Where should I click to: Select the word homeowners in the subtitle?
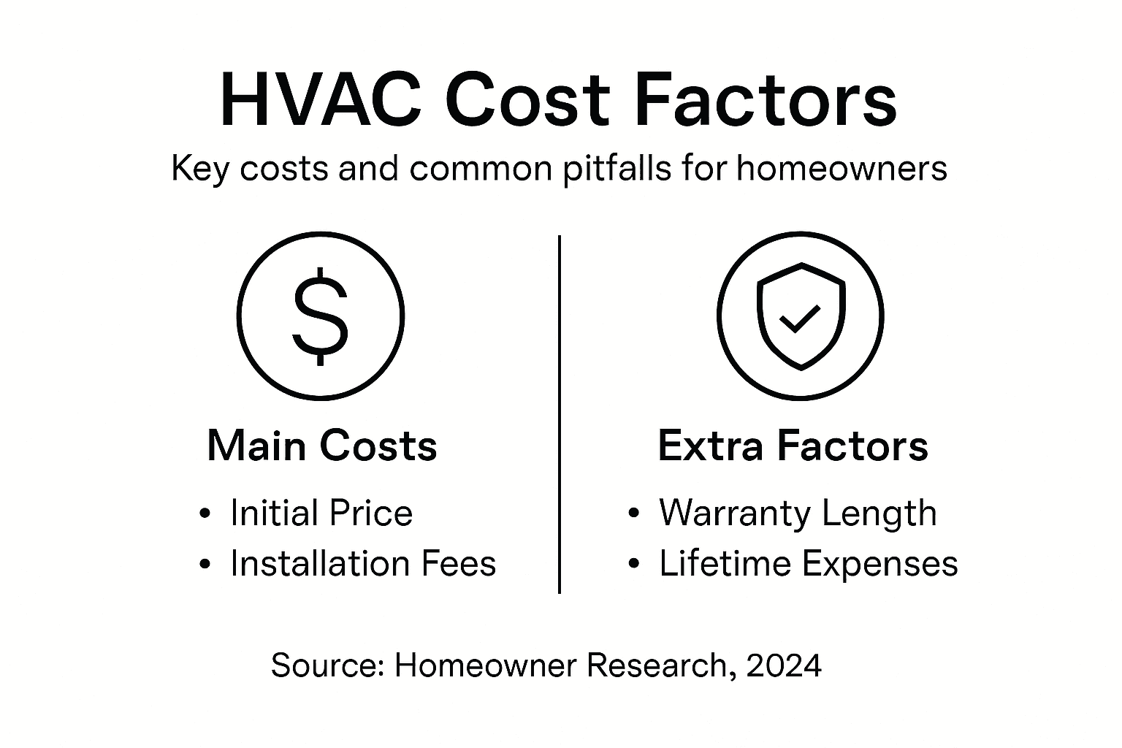point(841,169)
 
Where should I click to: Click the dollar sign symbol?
point(320,316)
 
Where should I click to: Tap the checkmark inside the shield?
point(800,318)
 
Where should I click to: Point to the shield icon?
point(801,316)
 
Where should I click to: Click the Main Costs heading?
point(322,446)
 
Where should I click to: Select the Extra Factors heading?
point(793,446)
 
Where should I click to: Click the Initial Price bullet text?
point(321,513)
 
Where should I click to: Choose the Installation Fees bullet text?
point(363,564)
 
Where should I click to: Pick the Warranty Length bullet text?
point(798,513)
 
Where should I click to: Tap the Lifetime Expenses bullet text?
point(808,564)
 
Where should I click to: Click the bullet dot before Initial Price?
point(205,514)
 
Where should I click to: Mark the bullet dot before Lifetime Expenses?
point(634,565)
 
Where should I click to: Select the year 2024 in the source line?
point(785,665)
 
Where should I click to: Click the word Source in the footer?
point(327,665)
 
